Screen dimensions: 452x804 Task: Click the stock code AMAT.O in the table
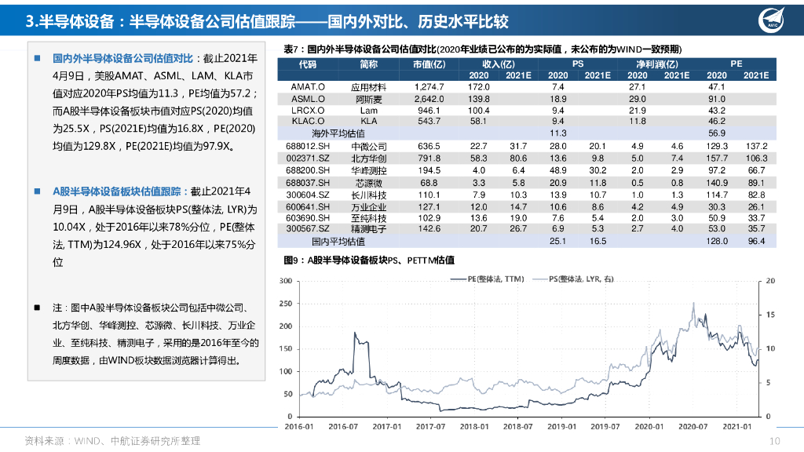[308, 87]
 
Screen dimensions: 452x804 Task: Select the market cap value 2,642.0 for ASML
[429, 99]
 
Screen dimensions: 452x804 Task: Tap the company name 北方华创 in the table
[368, 159]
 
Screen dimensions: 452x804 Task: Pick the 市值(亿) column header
[429, 64]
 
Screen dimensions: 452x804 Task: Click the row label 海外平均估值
[338, 134]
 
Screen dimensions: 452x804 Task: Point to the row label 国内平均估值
[338, 242]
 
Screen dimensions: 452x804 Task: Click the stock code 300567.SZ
[308, 229]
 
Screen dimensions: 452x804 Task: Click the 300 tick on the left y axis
[287, 280]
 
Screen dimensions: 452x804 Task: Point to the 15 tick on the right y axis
[770, 314]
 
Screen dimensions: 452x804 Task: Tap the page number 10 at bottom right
[775, 440]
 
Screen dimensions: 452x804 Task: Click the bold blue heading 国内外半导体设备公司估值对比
[122, 58]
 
